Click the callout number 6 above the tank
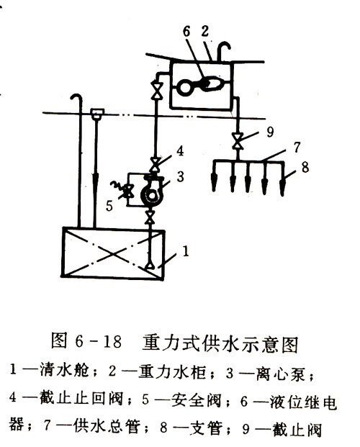click(186, 32)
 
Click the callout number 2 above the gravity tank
click(204, 31)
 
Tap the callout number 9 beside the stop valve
click(269, 132)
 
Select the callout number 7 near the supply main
click(297, 148)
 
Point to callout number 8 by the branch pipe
click(305, 167)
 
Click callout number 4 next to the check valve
click(180, 151)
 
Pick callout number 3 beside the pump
click(180, 176)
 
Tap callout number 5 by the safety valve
click(109, 206)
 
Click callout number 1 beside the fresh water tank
click(186, 251)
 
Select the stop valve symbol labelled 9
click(238, 141)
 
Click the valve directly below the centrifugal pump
click(150, 217)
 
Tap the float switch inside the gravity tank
click(200, 85)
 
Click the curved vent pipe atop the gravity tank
click(222, 50)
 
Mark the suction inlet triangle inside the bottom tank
click(150, 266)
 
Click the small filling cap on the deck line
click(97, 113)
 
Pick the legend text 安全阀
click(196, 400)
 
